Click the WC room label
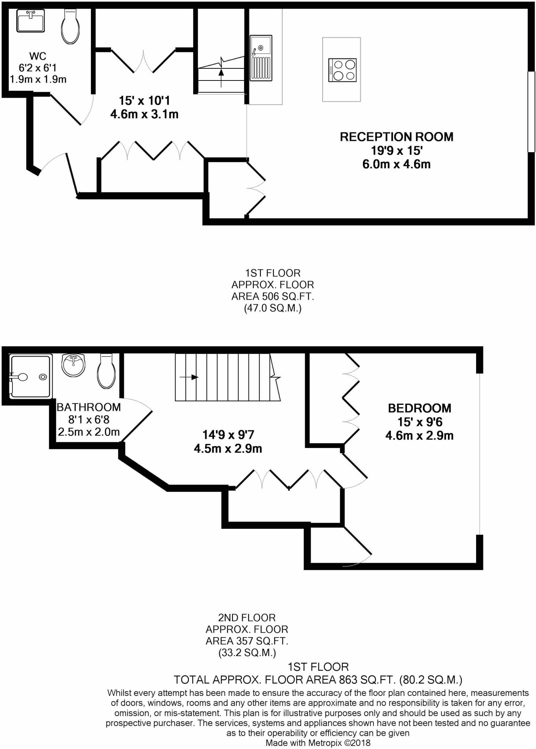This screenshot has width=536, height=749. point(38,56)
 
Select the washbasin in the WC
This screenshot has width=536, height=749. point(30,20)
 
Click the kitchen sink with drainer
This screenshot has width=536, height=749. point(261,58)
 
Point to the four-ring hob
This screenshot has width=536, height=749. point(342,70)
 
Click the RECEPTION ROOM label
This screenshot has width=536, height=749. point(396,137)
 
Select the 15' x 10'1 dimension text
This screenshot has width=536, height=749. point(144,101)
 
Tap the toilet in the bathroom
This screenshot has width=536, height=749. point(106,372)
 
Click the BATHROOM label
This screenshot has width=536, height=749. point(88,407)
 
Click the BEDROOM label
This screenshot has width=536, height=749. point(419,408)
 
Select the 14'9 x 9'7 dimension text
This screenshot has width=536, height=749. point(228,435)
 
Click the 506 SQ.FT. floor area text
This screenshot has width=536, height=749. point(273,296)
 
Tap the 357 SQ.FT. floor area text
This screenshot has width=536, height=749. point(247,641)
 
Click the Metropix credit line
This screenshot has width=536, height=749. point(318,743)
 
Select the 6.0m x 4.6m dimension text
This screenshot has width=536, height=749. point(396,164)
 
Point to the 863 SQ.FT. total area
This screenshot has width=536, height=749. point(318,680)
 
